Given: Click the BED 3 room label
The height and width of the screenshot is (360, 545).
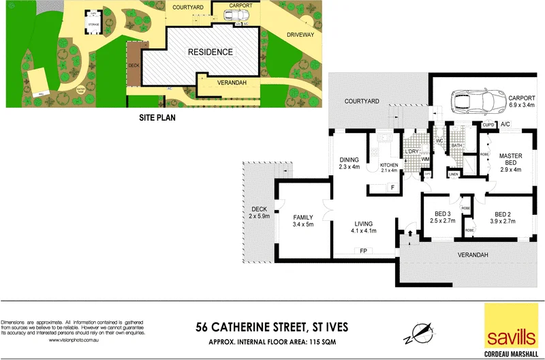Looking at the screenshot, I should (x=443, y=217).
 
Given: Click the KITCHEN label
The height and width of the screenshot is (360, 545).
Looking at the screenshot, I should (x=388, y=166).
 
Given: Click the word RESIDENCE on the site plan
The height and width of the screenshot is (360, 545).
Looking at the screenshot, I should (x=210, y=52).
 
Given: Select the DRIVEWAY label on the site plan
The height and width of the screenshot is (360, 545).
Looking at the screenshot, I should (x=300, y=34).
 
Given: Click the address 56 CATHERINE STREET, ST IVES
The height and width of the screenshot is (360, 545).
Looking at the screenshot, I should (x=272, y=327).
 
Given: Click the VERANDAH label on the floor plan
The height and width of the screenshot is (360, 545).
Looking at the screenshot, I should (x=473, y=255).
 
